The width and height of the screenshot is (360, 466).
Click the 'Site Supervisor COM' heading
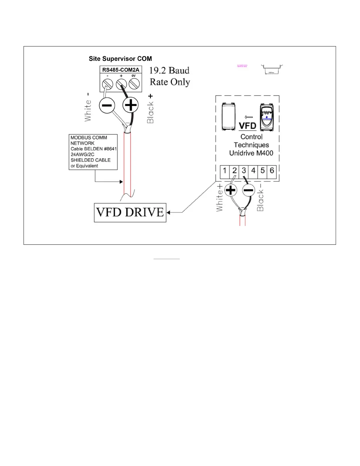(120, 59)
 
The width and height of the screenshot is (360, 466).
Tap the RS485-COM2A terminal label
(121, 70)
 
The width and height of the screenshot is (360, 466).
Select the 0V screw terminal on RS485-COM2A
(134, 84)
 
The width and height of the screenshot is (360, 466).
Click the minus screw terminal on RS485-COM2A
(107, 84)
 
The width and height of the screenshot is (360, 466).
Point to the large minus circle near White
(107, 105)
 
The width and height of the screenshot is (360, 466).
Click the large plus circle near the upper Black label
(130, 105)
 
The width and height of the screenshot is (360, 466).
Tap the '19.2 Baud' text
(169, 71)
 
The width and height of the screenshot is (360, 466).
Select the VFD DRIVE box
(130, 212)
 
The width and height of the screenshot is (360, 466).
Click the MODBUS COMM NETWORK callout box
(93, 152)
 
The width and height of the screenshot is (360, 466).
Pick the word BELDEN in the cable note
(93, 149)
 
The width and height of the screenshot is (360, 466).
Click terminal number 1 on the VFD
(225, 170)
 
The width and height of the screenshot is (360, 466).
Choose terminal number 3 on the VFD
(244, 170)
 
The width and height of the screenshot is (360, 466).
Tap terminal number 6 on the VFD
(272, 170)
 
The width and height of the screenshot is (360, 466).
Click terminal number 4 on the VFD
(253, 170)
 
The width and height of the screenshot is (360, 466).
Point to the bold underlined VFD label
(247, 126)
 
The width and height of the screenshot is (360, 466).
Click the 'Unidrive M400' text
(251, 153)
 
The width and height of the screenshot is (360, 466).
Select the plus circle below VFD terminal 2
(231, 190)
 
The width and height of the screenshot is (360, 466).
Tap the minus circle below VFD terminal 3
(248, 190)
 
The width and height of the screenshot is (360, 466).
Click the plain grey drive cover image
(228, 117)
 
